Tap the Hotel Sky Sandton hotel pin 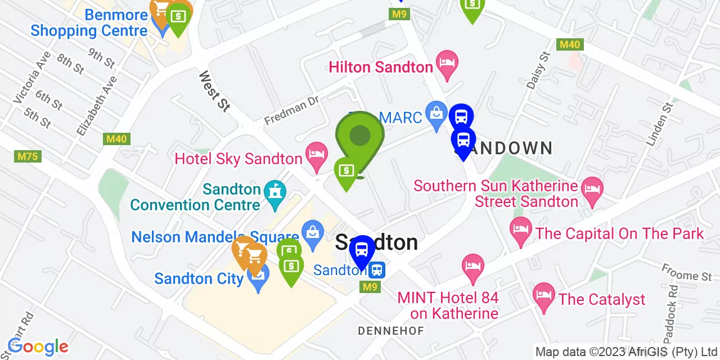(x=316, y=155)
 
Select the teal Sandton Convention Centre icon (x=274, y=193)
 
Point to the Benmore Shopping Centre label (x=89, y=22)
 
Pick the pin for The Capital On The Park (x=520, y=230)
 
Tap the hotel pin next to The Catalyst (x=543, y=296)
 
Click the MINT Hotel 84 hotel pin (x=472, y=267)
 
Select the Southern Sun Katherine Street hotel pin (x=592, y=190)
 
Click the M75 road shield (x=28, y=156)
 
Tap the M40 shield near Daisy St (x=569, y=44)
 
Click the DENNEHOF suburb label (x=391, y=331)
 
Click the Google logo (x=38, y=346)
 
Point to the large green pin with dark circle (x=360, y=137)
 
